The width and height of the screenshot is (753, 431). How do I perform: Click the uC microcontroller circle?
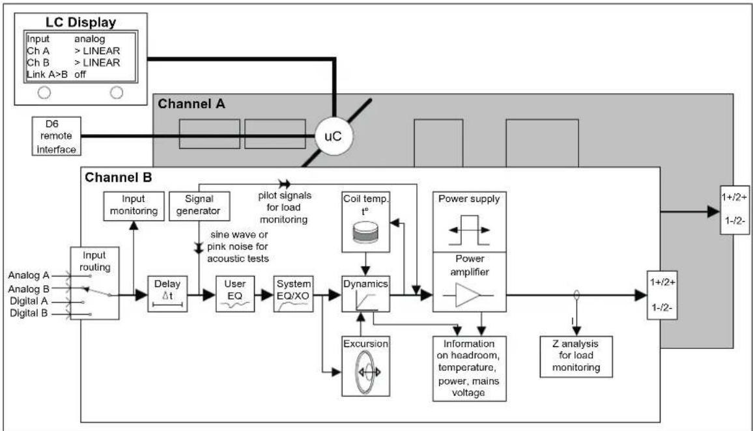click(334, 136)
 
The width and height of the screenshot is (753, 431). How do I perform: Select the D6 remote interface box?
click(56, 136)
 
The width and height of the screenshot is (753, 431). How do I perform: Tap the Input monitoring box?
click(134, 206)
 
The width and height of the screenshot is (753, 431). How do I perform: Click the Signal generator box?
click(199, 206)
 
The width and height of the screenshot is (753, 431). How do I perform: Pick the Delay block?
click(167, 294)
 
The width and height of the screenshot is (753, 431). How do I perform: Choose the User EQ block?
click(235, 294)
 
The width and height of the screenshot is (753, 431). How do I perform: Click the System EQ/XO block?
click(293, 294)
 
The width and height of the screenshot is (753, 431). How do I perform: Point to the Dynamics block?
click(365, 294)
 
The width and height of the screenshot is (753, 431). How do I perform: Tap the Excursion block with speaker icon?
click(365, 366)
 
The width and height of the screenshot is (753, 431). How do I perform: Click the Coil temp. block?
click(365, 222)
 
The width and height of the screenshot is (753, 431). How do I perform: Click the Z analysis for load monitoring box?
click(576, 357)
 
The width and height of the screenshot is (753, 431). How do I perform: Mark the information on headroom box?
click(469, 368)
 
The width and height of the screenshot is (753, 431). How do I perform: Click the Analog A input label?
click(28, 275)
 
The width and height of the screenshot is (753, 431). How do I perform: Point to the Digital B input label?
click(28, 313)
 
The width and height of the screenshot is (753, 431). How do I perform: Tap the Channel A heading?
click(191, 104)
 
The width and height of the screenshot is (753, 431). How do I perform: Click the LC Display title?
click(81, 22)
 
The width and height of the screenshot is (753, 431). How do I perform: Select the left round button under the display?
click(44, 92)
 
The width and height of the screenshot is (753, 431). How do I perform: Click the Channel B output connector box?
click(662, 295)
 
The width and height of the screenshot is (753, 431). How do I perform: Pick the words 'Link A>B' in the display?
click(47, 74)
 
